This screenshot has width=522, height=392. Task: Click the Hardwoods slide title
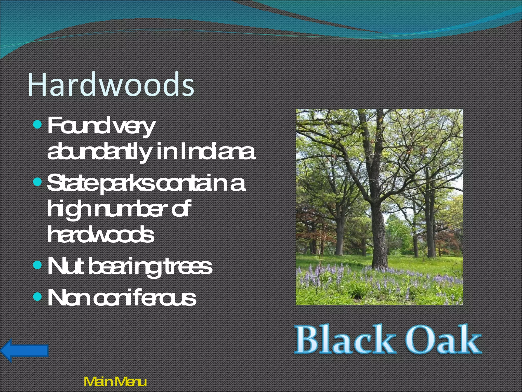pyautogui.click(x=111, y=84)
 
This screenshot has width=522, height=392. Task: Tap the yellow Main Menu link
pyautogui.click(x=115, y=382)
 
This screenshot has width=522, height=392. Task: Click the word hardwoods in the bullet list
pyautogui.click(x=101, y=235)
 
